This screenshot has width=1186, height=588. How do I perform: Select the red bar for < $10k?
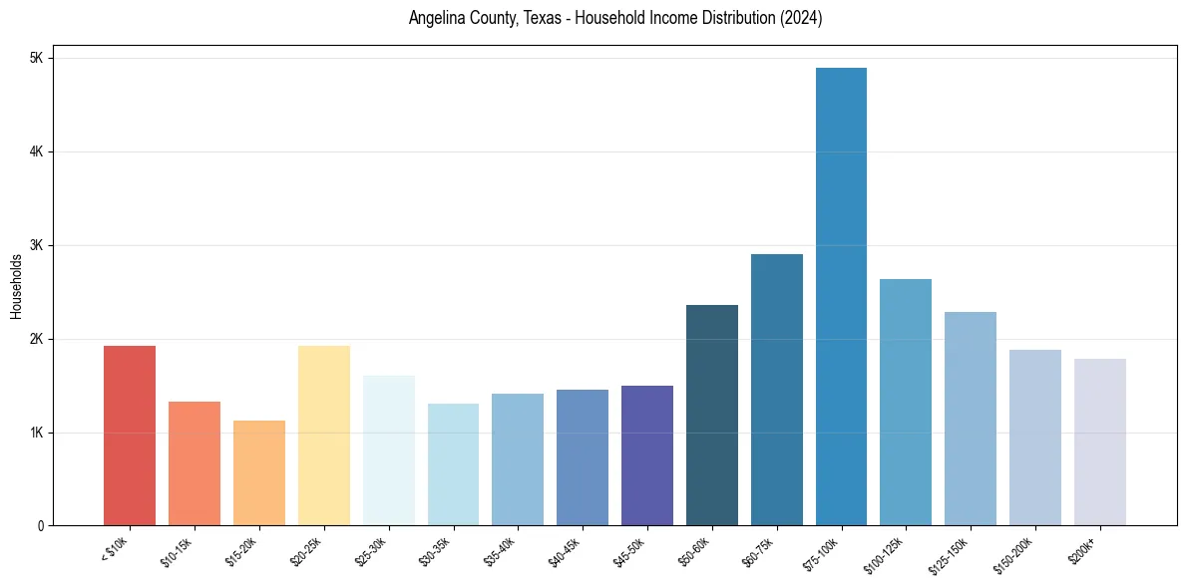coord(130,436)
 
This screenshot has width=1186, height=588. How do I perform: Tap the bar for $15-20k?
coord(259,472)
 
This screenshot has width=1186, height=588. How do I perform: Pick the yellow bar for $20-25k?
coord(324,436)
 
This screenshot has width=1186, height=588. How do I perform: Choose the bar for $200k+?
coord(1100,441)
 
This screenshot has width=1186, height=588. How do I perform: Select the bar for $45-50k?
coord(647,455)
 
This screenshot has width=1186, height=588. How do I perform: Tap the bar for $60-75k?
coord(777,390)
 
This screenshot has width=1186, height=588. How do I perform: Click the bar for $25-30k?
coord(389,450)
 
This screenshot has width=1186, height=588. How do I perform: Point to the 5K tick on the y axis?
coord(37,58)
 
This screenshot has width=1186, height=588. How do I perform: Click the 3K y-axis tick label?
coord(37,245)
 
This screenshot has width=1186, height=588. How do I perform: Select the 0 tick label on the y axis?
coord(40,526)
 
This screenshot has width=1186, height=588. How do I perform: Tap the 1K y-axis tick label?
coord(37,433)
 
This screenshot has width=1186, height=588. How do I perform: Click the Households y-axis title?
coord(16,286)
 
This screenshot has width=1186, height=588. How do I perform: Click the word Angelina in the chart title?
coord(436,18)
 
